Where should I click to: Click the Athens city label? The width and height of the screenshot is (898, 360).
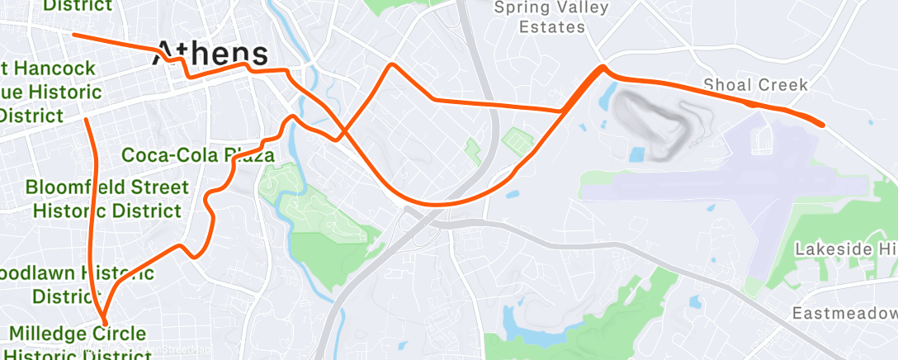211,53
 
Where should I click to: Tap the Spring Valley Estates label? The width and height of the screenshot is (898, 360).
551,17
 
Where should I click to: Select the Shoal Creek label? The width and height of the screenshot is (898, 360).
755,85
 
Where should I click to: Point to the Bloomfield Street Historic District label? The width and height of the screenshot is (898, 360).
107,199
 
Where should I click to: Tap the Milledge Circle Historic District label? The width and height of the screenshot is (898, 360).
79,343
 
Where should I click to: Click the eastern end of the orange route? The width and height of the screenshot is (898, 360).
823,125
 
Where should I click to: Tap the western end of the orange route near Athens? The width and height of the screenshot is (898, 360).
75,35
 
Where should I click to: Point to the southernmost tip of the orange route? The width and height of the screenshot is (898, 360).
104,322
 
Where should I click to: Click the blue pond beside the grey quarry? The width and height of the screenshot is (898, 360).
637,154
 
